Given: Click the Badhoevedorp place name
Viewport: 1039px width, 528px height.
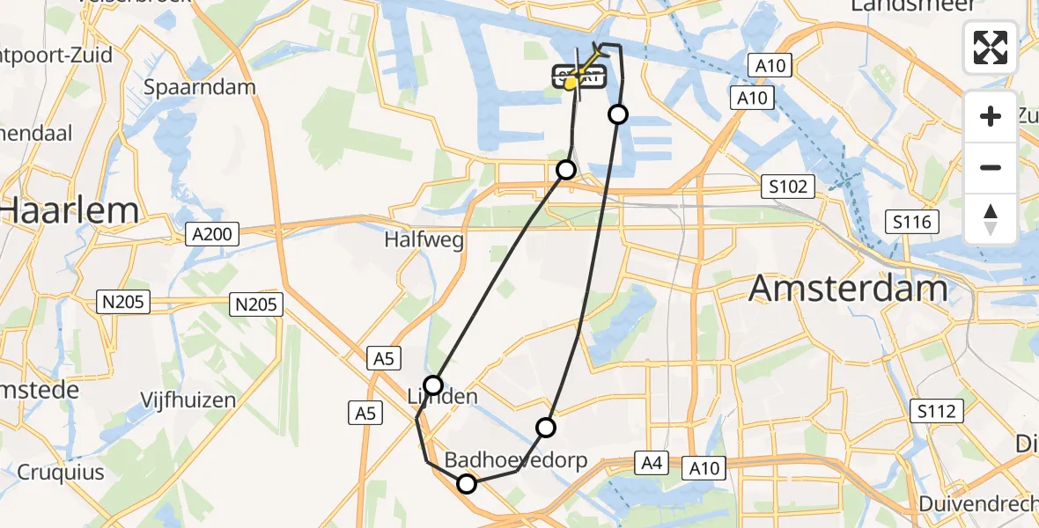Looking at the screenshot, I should (515, 460).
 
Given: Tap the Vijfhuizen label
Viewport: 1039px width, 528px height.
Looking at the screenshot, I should (188, 400).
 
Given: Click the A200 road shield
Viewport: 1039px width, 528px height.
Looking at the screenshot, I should (207, 233).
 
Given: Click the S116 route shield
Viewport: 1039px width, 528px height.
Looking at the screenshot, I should (911, 222).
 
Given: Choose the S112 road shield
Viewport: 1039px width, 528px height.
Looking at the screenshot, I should (939, 410).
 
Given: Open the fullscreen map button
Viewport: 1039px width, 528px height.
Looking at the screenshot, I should (991, 48).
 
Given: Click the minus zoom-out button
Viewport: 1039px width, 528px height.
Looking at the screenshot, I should (991, 167).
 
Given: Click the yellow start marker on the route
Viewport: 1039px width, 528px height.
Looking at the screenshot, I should (571, 83).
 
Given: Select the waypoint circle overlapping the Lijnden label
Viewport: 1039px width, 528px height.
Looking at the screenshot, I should (433, 385).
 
